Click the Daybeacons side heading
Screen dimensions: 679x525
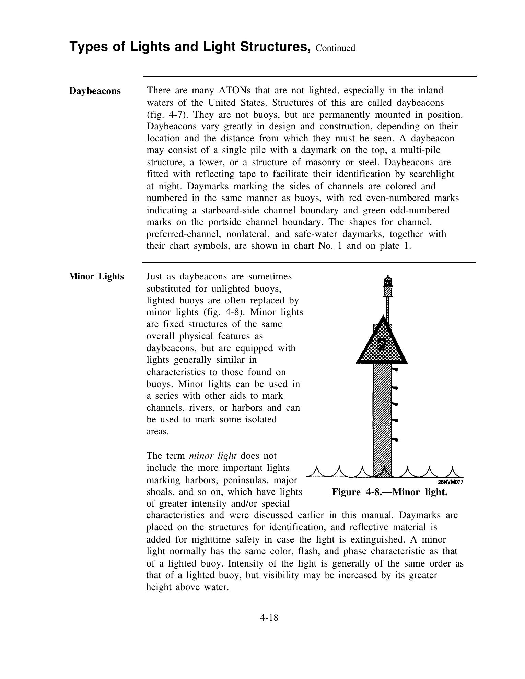(x=95, y=91)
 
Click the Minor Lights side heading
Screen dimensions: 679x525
(x=96, y=276)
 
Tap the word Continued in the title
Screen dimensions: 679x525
(x=335, y=48)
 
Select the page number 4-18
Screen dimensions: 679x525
(x=269, y=618)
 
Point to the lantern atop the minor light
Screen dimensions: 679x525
(x=388, y=283)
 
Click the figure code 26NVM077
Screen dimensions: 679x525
(x=451, y=482)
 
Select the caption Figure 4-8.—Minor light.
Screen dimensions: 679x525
(x=389, y=492)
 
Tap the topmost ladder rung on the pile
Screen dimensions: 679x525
(x=395, y=370)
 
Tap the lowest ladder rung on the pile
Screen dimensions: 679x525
(x=395, y=439)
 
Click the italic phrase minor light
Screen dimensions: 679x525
(x=213, y=456)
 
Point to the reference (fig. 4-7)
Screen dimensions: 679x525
(x=163, y=115)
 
